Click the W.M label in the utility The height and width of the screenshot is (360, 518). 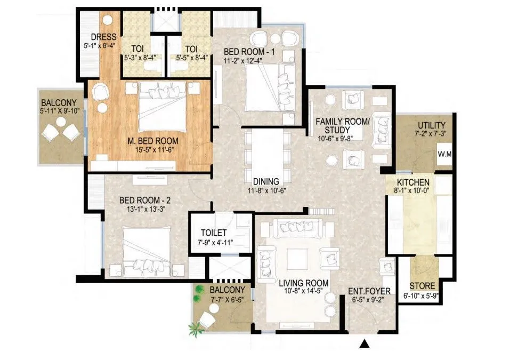[x=444, y=155]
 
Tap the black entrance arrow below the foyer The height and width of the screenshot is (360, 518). [x=365, y=344]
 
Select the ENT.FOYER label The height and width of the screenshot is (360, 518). [x=370, y=291]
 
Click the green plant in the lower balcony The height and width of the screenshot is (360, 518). [x=198, y=290]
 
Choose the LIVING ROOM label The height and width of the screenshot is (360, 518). [x=304, y=283]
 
